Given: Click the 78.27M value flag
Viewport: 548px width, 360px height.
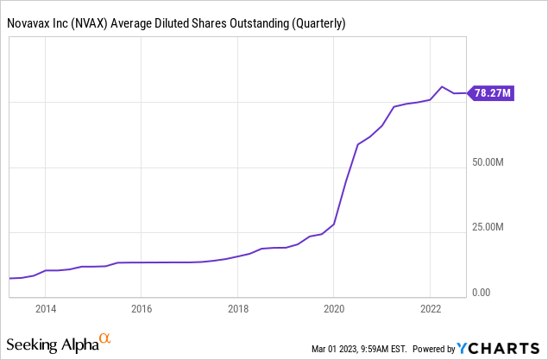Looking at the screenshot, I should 493,93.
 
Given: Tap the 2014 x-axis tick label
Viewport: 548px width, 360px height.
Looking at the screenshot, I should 46,307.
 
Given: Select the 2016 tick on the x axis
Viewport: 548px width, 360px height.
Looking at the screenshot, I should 142,307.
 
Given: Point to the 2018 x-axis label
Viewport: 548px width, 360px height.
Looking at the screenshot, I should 238,307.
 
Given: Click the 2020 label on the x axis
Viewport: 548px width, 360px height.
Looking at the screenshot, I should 334,307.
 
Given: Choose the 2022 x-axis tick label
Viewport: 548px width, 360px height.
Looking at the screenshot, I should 431,307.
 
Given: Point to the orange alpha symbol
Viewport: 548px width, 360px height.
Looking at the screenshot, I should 104,339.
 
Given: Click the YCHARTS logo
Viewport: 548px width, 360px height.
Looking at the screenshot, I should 501,348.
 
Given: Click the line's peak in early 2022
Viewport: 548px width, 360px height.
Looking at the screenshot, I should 442,86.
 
